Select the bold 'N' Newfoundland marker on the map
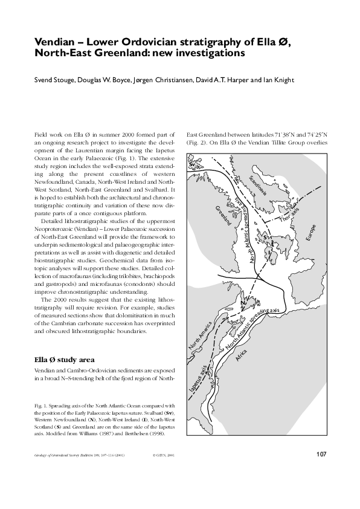(242, 302)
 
